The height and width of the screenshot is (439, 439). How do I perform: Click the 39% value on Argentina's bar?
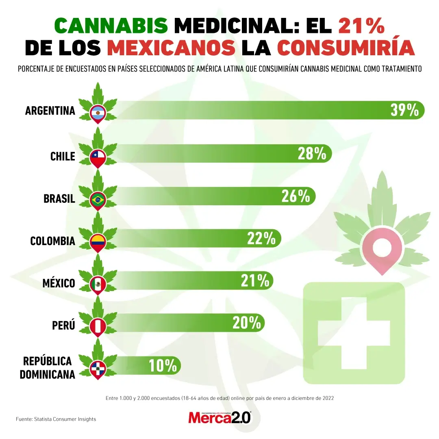point(404,110)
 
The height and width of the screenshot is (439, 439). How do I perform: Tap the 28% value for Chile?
point(312,154)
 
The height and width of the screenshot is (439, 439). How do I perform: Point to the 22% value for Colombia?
point(261,238)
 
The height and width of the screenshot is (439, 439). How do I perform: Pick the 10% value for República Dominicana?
point(163,365)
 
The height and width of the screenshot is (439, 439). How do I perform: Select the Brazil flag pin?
point(98,199)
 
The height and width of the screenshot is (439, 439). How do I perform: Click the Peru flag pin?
point(98,326)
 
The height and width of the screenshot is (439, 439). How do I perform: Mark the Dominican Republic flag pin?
point(98,368)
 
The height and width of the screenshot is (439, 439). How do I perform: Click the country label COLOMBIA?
point(53,241)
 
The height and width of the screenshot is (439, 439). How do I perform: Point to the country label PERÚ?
point(64,326)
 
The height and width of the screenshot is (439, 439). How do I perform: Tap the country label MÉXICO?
point(59,283)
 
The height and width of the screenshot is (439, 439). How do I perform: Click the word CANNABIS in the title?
point(111,26)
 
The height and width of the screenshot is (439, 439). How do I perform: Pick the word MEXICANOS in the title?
point(171,48)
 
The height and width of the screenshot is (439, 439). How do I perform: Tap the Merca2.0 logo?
point(220,417)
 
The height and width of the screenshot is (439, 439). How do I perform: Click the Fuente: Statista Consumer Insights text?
point(56,419)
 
